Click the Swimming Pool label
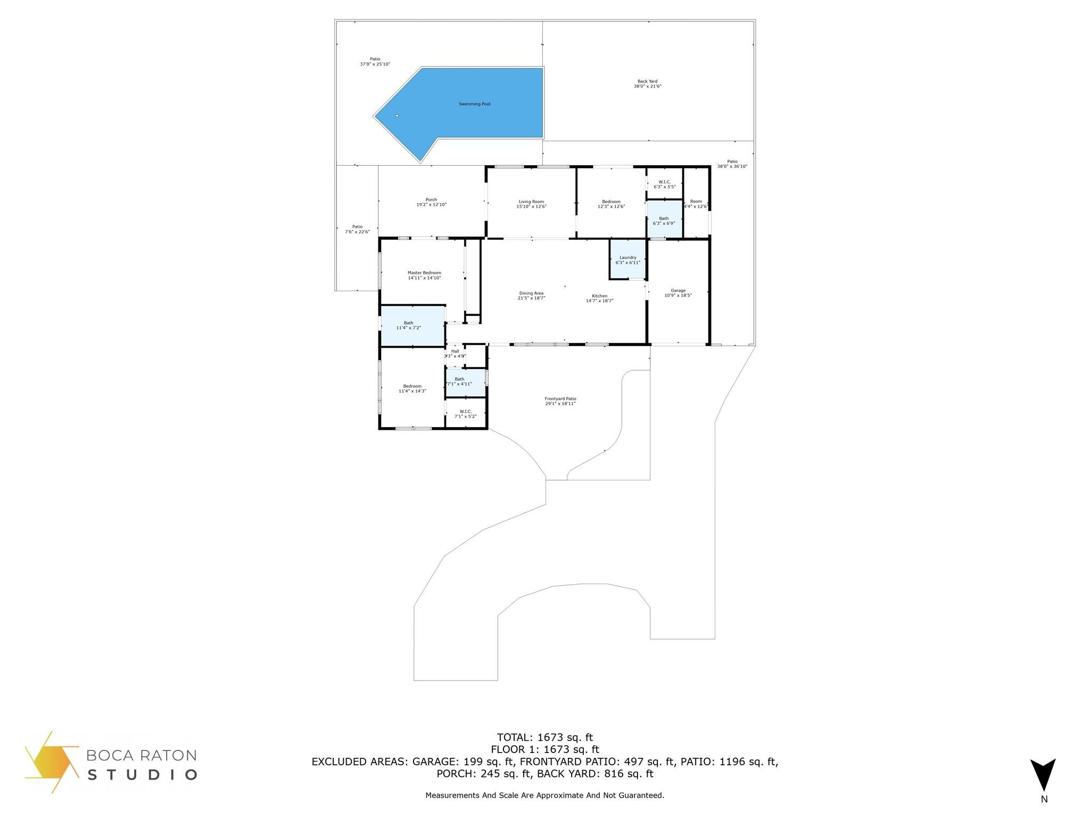[x=474, y=104]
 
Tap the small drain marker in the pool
[x=397, y=116]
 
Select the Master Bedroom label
[x=424, y=273]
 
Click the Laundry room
[x=627, y=260]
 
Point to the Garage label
[x=678, y=290]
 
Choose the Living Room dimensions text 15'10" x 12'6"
[x=531, y=207]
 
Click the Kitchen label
[x=599, y=296]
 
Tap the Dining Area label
[x=531, y=293]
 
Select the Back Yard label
[x=647, y=81]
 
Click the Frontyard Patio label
[x=560, y=399]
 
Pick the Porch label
[x=431, y=200]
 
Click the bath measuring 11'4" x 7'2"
[x=408, y=325]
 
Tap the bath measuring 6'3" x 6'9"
[x=664, y=220]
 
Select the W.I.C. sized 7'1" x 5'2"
[x=465, y=414]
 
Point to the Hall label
[x=455, y=351]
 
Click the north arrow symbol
[x=1043, y=775]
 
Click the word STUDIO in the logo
[x=142, y=774]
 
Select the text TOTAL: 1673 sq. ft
[x=544, y=738]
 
